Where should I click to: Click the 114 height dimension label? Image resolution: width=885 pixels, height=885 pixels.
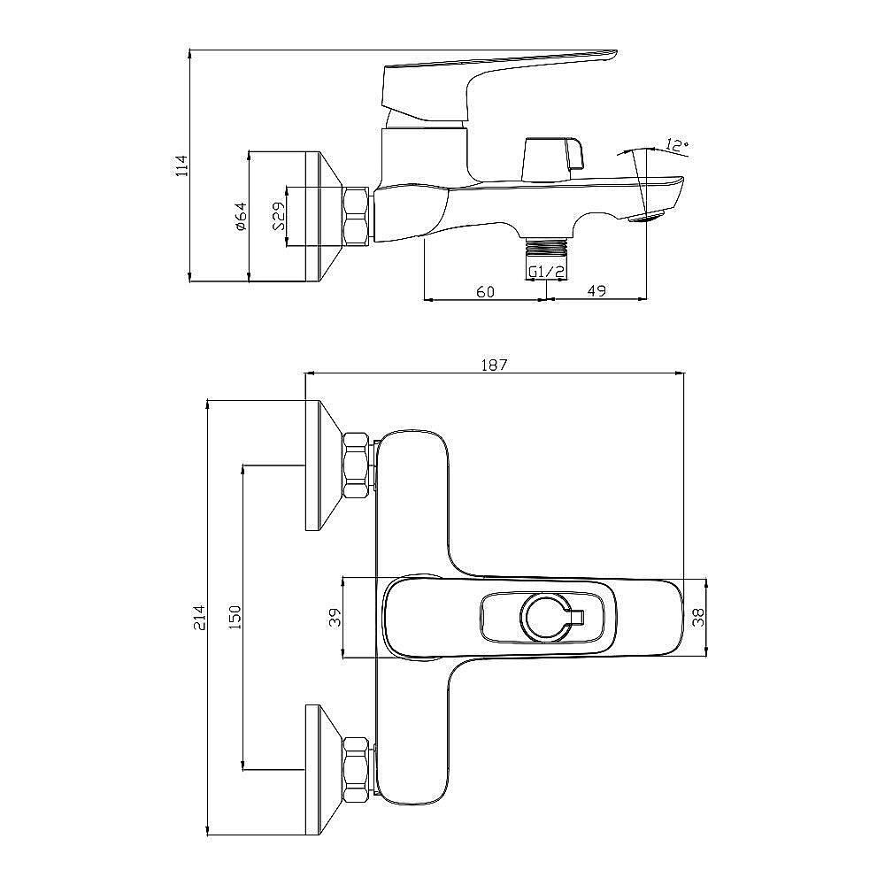point(181,166)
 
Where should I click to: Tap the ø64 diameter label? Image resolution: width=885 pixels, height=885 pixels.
point(241,216)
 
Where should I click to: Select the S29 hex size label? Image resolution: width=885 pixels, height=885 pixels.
point(279,216)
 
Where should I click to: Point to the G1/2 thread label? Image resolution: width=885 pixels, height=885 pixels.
point(546,272)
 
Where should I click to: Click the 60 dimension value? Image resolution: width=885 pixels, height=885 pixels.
point(485,292)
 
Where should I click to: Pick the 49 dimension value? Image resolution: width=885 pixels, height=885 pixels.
point(596,291)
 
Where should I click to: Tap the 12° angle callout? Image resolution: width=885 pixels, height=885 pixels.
point(677,144)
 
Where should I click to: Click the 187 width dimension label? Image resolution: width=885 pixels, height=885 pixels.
point(494,366)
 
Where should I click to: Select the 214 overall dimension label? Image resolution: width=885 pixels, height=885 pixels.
point(199,618)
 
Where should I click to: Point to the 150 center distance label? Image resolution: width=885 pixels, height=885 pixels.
point(235,618)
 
